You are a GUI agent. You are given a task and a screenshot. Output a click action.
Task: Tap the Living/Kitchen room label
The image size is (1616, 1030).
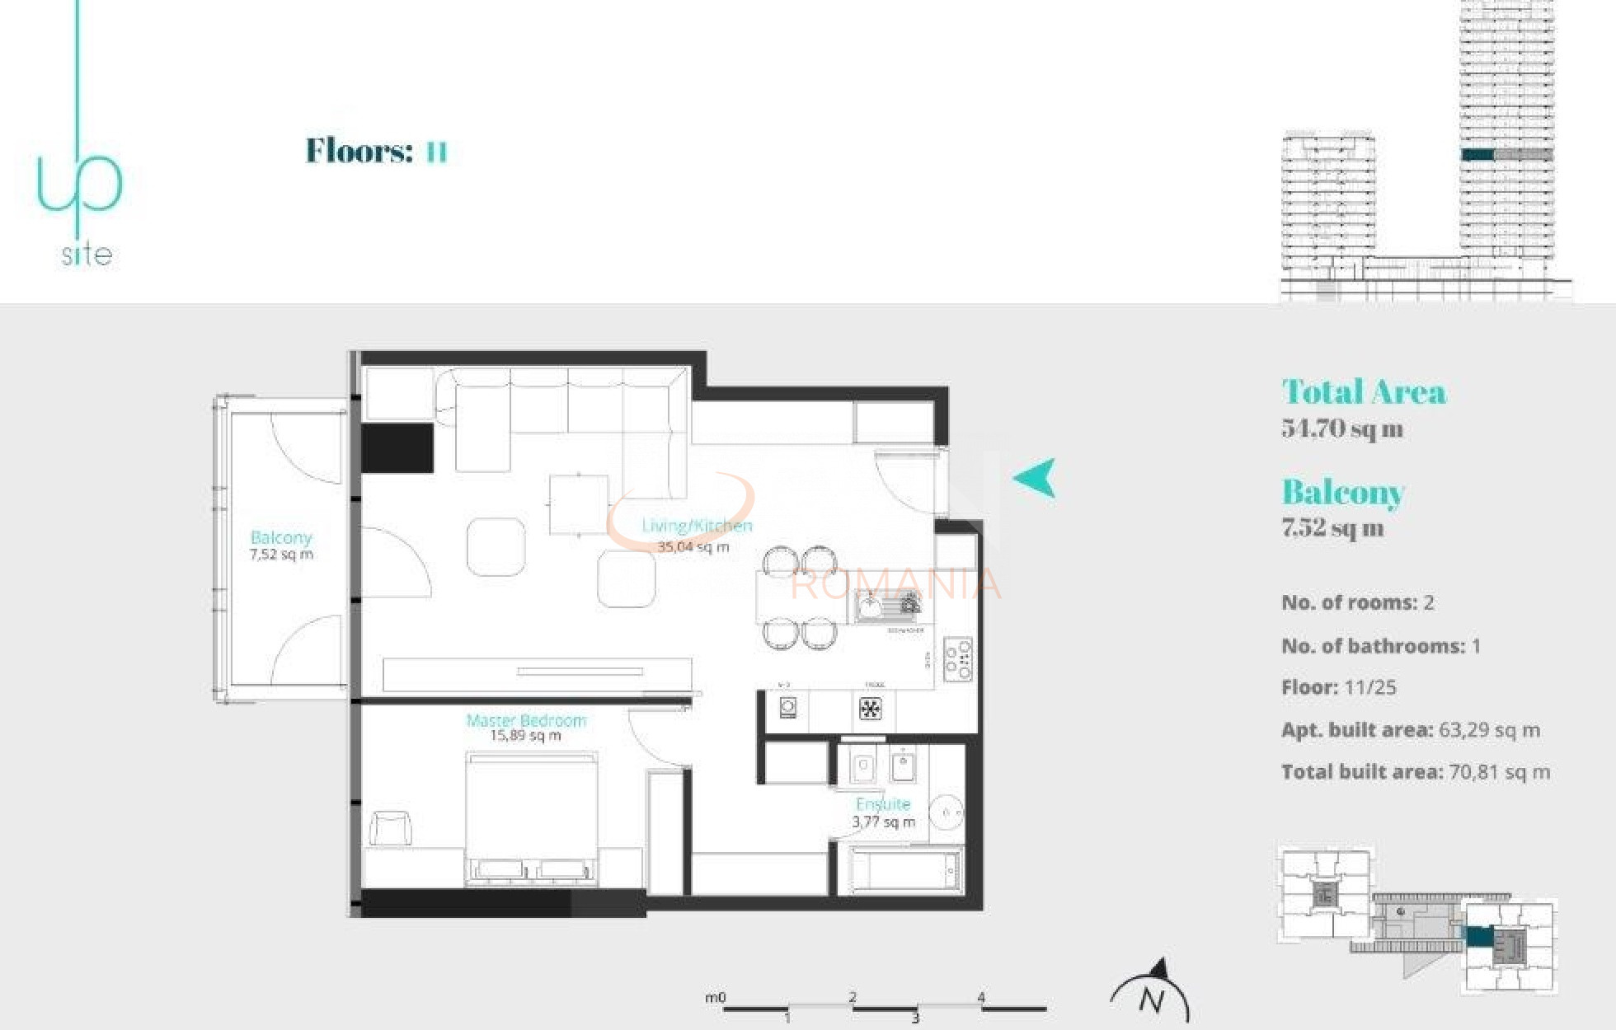coord(697,526)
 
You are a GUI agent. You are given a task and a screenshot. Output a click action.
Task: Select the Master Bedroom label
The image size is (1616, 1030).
coord(526,720)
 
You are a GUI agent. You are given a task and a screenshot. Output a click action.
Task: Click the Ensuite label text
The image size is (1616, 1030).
coord(883,803)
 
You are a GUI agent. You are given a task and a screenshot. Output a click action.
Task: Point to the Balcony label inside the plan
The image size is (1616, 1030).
coord(281,537)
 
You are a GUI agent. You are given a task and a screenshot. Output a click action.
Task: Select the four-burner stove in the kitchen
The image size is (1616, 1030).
coord(957,658)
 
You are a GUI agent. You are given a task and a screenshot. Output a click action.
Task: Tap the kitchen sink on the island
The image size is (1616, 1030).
coord(887,607)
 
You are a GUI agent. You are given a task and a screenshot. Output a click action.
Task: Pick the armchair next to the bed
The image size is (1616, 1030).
coord(390,828)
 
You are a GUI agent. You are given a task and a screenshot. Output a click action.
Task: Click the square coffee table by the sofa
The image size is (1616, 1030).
coord(580,504)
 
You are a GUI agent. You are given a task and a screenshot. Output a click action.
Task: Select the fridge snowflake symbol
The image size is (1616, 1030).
coord(870,708)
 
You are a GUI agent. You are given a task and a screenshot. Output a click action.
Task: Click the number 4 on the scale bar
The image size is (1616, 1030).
coord(981,997)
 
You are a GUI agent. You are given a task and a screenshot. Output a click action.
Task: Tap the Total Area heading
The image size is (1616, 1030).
coord(1364,391)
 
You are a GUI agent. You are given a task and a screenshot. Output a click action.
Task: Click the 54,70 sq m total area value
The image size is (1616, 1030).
coord(1342,428)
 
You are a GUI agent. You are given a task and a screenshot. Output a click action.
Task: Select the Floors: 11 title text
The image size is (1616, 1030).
coord(376,151)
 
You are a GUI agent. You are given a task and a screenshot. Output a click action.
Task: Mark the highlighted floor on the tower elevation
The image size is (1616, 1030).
coord(1478,154)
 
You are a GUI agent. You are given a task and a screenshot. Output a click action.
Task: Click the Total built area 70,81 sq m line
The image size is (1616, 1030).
coord(1415,772)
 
